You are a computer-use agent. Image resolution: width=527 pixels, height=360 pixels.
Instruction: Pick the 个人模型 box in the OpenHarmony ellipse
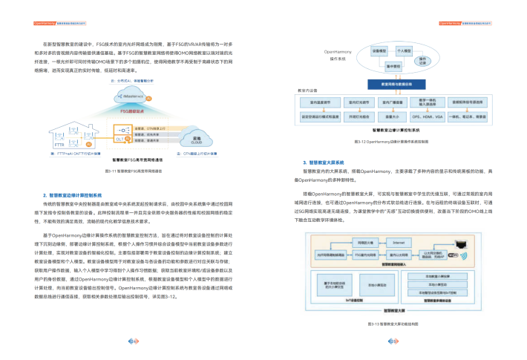[x=404, y=51]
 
